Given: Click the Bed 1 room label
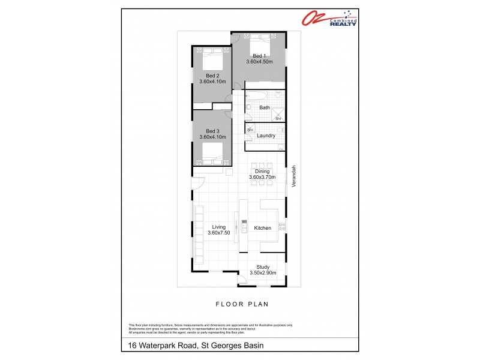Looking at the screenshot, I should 259,55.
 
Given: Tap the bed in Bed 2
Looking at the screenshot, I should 212,59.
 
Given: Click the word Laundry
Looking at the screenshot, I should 266,136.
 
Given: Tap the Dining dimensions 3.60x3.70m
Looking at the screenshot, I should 262,178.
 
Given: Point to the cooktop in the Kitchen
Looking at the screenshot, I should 281,226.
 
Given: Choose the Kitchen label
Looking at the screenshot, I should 262,228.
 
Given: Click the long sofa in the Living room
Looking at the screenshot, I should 198,235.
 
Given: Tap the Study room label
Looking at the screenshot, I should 262,267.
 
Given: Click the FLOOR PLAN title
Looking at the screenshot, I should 240,304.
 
